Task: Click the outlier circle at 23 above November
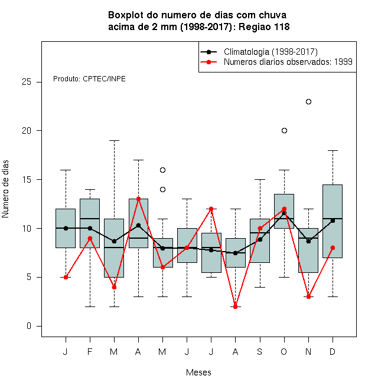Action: coord(308,102)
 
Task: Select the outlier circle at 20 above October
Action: coord(284,130)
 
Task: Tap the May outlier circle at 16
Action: coord(162,170)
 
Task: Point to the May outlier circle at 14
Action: coord(162,190)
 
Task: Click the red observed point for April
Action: coord(139,199)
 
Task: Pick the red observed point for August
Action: coord(235,306)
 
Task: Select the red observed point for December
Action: coord(333,248)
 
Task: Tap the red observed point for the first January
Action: coord(66,277)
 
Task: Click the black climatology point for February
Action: coord(90,228)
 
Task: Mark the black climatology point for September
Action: coord(260,239)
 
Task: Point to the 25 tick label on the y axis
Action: coord(27,82)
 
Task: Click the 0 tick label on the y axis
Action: coord(29,326)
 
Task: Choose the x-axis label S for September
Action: coord(260,351)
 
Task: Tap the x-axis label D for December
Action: coord(333,351)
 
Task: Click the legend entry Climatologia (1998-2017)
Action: coord(271,52)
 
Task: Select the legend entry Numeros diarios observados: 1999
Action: coord(288,62)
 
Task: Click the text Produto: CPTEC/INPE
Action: coord(89,79)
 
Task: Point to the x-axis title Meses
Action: coord(198,372)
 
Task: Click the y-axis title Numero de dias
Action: coord(5,189)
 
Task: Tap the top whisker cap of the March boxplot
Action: coord(114,140)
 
